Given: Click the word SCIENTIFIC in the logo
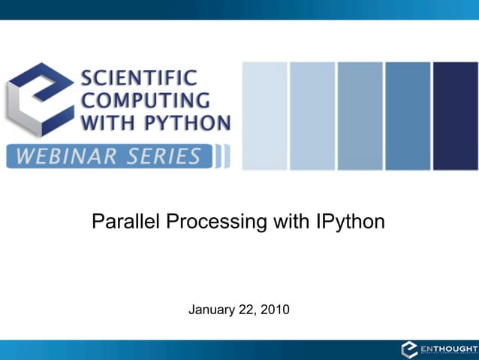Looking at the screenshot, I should [139, 77].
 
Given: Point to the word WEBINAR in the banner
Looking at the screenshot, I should [61, 156].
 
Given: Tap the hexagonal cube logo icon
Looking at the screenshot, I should [39, 98].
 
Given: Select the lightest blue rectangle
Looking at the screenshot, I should [264, 116].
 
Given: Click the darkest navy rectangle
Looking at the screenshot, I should [455, 116].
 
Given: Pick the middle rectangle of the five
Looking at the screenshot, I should [360, 116].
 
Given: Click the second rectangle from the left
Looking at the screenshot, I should [312, 116].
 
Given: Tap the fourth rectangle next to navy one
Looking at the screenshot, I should [408, 116].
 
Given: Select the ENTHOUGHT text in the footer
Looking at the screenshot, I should [448, 349].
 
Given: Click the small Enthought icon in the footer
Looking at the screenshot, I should [409, 349].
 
